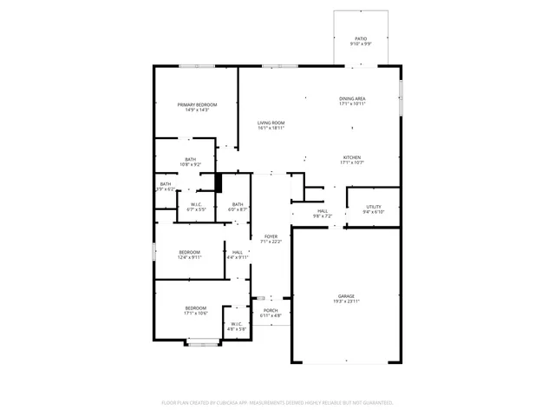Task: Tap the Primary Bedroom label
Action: (197, 104)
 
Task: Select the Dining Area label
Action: (352, 99)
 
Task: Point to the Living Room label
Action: (271, 122)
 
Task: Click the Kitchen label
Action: (351, 157)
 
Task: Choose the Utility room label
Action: (373, 206)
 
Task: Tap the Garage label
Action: (346, 296)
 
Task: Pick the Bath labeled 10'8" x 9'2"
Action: (190, 159)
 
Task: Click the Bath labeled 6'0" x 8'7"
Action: (238, 204)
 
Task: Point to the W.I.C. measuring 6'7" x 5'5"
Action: (196, 204)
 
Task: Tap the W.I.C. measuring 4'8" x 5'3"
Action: (237, 324)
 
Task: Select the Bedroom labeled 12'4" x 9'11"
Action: (189, 252)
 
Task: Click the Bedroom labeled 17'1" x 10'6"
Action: (195, 308)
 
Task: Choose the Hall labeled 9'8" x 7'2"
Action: (322, 210)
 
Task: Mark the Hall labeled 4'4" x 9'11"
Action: (238, 252)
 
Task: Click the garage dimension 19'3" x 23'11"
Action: (346, 301)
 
